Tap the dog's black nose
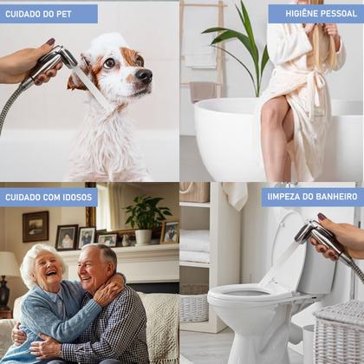[x=144, y=75]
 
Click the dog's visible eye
[x=109, y=63]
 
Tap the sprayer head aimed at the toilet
[x=307, y=232]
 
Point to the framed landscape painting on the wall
[x=36, y=226]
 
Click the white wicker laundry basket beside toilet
[x=339, y=332]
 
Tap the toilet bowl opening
[x=248, y=293]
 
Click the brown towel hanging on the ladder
[x=204, y=92]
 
